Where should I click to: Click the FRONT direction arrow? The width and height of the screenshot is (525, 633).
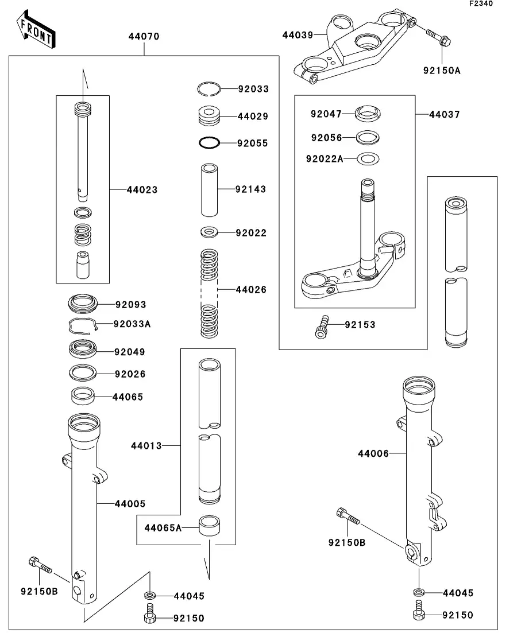point(36,32)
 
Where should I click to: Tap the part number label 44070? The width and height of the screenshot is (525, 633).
point(144,36)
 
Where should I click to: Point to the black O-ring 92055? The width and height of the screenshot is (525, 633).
point(210,142)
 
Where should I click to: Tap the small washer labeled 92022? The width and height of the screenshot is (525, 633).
point(209,233)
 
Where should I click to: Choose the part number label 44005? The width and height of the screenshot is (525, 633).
point(130,504)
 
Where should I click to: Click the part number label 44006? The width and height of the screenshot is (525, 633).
point(373,454)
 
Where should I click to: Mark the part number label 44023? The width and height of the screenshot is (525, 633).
point(142,189)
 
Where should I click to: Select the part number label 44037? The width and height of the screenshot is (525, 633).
point(444,114)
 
